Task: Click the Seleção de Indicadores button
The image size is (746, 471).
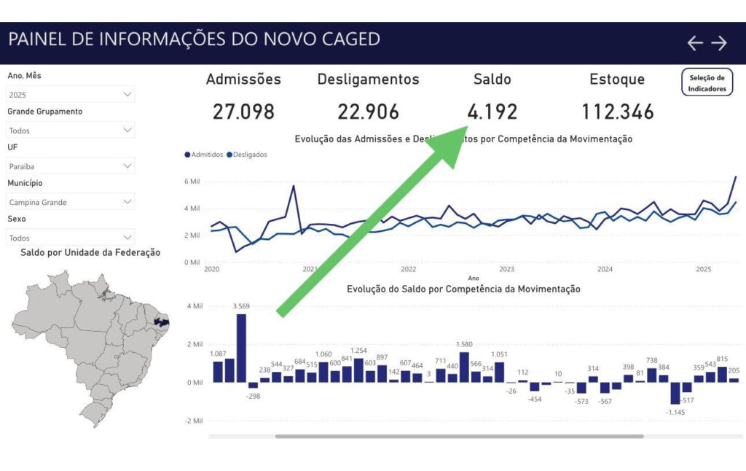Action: tap(707, 83)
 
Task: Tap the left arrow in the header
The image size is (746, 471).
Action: tap(695, 43)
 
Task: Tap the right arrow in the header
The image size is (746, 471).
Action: tap(719, 43)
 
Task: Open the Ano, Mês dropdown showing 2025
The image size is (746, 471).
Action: tap(71, 95)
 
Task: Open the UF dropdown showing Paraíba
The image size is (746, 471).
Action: tap(71, 166)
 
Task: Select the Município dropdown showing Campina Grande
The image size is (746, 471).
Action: tap(71, 202)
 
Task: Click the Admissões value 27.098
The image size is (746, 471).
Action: tap(243, 112)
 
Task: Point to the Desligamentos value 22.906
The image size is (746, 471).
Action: tap(368, 112)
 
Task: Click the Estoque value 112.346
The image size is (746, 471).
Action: tap(617, 112)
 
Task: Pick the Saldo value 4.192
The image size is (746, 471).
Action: tap(492, 112)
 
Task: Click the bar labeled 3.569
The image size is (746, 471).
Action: tap(241, 348)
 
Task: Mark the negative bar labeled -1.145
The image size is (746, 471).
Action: tap(675, 393)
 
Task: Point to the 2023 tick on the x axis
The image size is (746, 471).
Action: tap(506, 269)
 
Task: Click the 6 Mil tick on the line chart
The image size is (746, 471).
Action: tap(192, 182)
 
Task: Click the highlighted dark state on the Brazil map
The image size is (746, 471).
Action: tap(161, 322)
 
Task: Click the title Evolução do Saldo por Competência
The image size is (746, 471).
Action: tap(463, 289)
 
